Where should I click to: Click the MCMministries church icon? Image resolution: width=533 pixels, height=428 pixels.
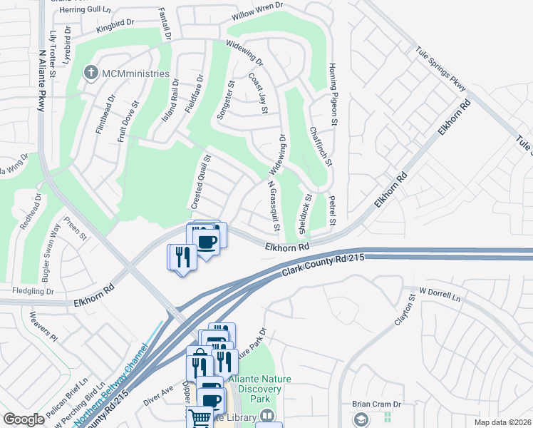point(90,73)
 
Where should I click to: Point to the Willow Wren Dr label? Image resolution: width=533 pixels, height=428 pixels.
point(254,17)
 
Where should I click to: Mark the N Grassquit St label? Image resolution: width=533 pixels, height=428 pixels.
point(271,205)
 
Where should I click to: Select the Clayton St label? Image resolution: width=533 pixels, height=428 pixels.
point(406,315)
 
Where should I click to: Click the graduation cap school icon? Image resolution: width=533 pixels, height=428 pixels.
point(360,418)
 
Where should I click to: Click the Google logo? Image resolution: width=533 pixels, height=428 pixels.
point(24,419)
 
